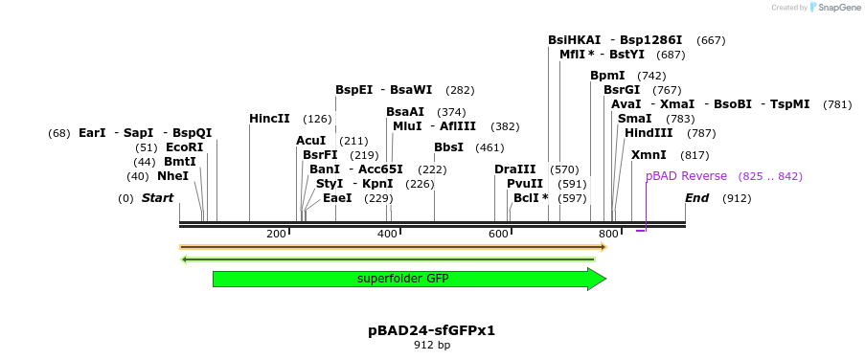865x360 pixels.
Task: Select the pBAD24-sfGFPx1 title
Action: [x=431, y=330]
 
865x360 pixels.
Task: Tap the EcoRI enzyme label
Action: [x=184, y=147]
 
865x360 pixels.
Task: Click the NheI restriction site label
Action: [x=172, y=176]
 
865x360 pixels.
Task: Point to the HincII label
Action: [x=269, y=119]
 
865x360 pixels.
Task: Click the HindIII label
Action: [x=649, y=133]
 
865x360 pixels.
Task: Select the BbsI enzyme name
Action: [x=448, y=147]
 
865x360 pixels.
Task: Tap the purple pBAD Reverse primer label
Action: [x=686, y=176]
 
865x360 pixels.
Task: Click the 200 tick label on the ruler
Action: [x=277, y=234]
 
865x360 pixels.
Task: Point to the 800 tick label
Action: [x=608, y=234]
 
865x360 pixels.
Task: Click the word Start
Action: [x=157, y=198]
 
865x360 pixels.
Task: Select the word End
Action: [x=696, y=198]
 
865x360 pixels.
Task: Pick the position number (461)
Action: [x=489, y=147]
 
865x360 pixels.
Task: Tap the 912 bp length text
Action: [x=431, y=345]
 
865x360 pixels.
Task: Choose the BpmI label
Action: [x=607, y=76]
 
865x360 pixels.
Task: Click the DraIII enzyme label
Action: [x=514, y=169]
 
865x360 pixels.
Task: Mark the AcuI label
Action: [x=310, y=141]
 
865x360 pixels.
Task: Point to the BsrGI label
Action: [x=622, y=90]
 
